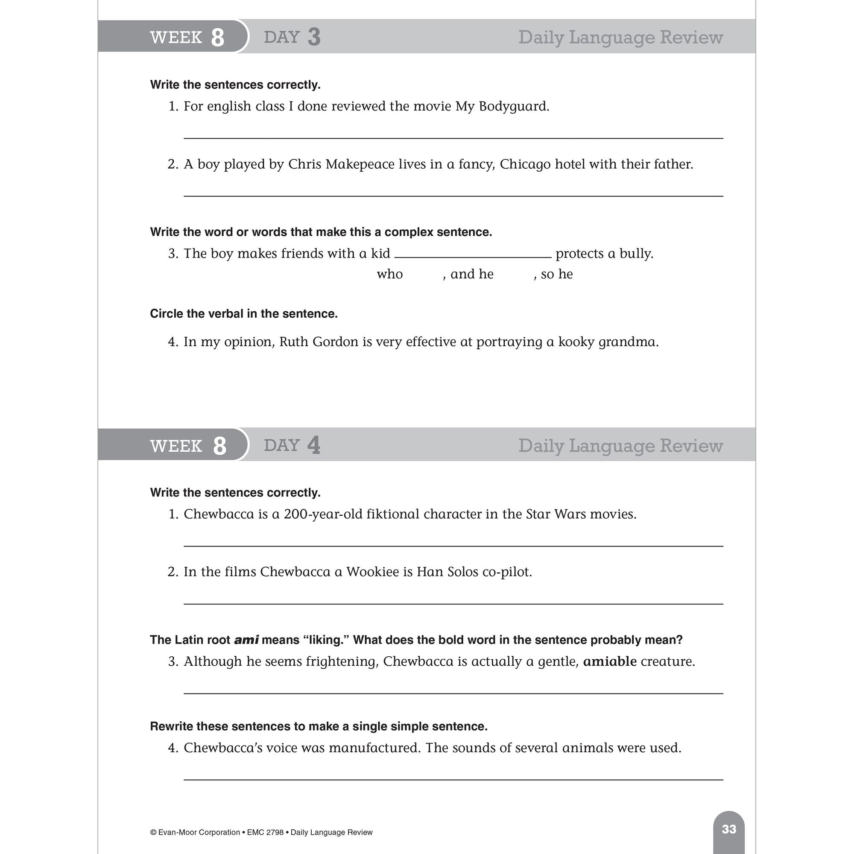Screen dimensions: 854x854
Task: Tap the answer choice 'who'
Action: (389, 275)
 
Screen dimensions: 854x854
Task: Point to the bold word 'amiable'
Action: (610, 662)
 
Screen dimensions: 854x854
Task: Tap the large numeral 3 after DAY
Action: (314, 37)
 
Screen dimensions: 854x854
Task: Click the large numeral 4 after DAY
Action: (314, 445)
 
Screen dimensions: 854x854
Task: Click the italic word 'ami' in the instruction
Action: (246, 640)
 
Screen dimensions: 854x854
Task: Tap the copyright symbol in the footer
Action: (153, 832)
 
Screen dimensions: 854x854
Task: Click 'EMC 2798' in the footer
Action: (265, 832)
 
